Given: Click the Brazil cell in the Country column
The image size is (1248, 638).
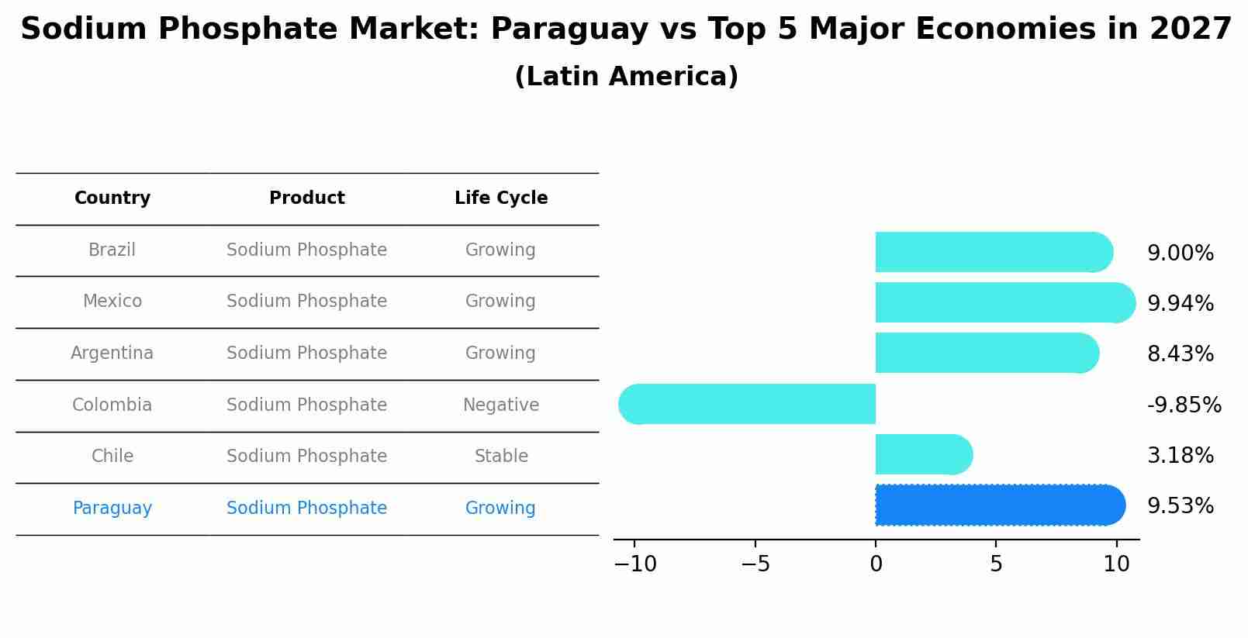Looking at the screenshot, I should [x=112, y=250].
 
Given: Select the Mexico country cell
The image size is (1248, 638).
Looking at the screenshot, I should [x=112, y=302].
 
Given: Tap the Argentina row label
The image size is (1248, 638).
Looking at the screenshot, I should [x=112, y=353].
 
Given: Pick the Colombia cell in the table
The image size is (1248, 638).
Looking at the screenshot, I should [x=112, y=405].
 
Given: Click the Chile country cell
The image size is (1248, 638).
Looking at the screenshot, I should [x=112, y=457].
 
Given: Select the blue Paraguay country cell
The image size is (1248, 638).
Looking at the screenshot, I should [x=112, y=509].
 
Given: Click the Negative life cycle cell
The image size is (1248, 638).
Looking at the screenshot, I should [x=500, y=405].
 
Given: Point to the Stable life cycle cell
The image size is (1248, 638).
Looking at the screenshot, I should [x=500, y=457].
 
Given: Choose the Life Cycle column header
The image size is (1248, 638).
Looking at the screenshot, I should [x=500, y=198].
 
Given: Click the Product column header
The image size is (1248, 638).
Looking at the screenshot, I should [x=306, y=198].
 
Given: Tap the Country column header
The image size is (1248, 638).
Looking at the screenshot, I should [x=112, y=198].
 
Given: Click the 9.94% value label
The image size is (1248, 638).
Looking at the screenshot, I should [x=1180, y=304].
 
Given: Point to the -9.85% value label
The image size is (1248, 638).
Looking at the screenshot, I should [x=1184, y=405].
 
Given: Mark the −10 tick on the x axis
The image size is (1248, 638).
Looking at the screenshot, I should [x=634, y=564].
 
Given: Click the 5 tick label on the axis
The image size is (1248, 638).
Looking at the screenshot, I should [x=996, y=564].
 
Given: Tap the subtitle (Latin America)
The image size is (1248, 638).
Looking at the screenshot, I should [x=626, y=77].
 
